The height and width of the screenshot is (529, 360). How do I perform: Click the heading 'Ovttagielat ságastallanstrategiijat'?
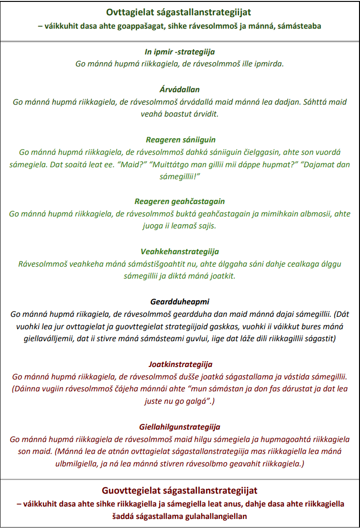pyautogui.click(x=180, y=12)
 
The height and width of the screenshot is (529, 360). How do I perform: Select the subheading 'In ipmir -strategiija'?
pyautogui.click(x=180, y=52)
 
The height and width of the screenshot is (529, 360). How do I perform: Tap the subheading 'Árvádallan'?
pyautogui.click(x=180, y=90)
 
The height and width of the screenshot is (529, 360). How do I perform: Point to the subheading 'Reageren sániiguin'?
pyautogui.click(x=180, y=140)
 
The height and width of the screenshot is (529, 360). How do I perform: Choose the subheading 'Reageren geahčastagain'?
pyautogui.click(x=180, y=202)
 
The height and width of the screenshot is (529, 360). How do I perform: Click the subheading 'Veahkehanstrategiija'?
pyautogui.click(x=180, y=252)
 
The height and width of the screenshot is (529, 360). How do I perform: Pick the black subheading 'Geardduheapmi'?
pyautogui.click(x=180, y=302)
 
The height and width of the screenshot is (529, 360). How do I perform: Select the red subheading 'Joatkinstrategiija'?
pyautogui.click(x=180, y=364)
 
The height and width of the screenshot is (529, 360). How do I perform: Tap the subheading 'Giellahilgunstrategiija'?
pyautogui.click(x=180, y=427)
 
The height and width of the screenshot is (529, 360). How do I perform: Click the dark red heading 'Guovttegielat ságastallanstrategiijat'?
pyautogui.click(x=180, y=491)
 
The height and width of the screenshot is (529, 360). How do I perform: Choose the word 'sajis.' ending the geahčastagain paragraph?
pyautogui.click(x=206, y=226)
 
